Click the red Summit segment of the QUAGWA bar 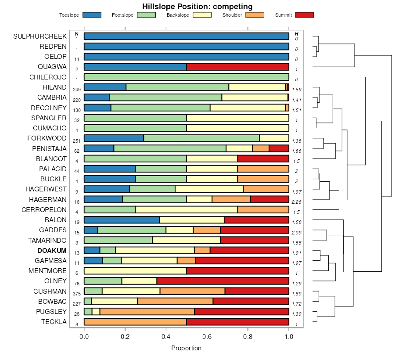click(x=237, y=67)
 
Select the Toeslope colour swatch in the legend click(x=92, y=15)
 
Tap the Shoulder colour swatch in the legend click(x=255, y=15)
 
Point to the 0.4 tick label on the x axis click(x=166, y=337)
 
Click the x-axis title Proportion click(x=186, y=348)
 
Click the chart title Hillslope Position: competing click(x=197, y=6)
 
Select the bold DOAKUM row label click(x=52, y=251)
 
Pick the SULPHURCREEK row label click(x=40, y=36)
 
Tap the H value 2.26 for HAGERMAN click(x=296, y=202)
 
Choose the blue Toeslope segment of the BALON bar click(x=122, y=220)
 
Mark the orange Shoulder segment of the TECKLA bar click(x=135, y=322)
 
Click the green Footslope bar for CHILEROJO click(x=186, y=77)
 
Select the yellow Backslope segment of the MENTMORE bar click(x=135, y=271)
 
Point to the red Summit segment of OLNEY click(x=223, y=281)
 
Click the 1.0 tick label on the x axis click(x=289, y=337)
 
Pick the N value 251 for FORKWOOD click(x=77, y=141)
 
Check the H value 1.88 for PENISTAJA click(x=296, y=151)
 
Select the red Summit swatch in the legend click(x=305, y=15)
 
